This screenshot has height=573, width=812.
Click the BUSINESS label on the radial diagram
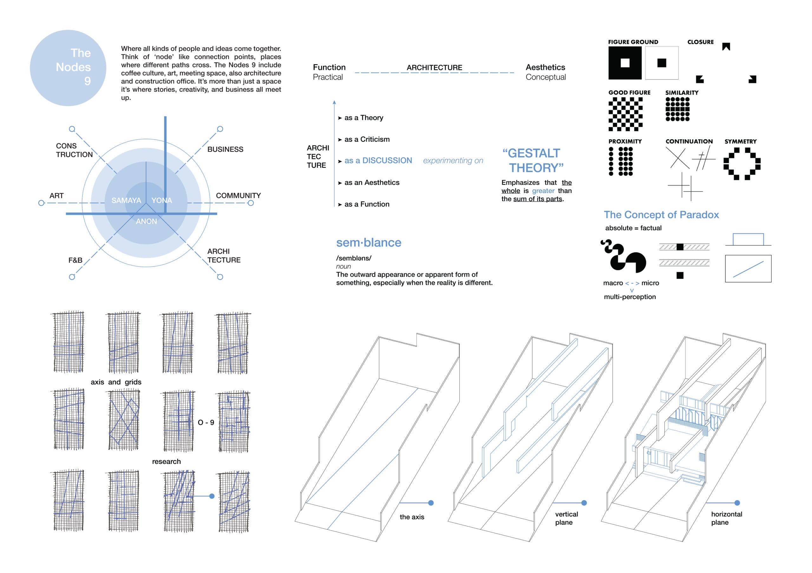[225, 150]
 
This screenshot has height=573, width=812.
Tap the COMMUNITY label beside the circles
[238, 196]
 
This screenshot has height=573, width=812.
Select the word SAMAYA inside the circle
[126, 201]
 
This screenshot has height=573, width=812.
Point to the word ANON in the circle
[147, 222]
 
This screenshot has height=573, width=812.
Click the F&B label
[75, 261]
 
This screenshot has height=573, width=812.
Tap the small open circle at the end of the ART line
[41, 203]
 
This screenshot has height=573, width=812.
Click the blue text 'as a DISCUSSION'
[378, 161]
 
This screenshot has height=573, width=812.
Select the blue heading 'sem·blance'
[369, 243]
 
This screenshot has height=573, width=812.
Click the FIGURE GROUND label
[633, 42]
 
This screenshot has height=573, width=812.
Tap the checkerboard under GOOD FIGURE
[625, 114]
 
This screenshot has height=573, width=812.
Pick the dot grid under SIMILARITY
[677, 109]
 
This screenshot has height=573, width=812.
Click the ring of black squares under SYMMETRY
[742, 164]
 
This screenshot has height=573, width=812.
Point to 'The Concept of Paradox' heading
[661, 215]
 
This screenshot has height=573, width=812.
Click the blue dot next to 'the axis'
[431, 503]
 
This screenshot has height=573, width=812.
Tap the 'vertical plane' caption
[566, 518]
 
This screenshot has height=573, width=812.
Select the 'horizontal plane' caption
[726, 518]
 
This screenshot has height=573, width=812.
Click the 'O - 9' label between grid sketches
[206, 422]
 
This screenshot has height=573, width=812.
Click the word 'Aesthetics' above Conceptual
[545, 68]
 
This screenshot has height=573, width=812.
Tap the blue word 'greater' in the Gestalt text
[543, 191]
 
